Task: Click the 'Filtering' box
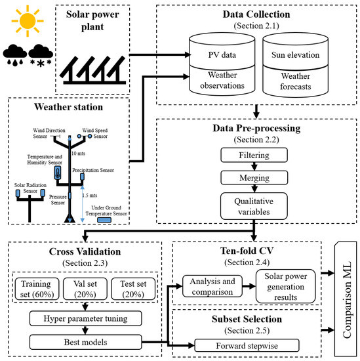[x=254, y=156]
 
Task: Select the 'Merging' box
[x=254, y=179]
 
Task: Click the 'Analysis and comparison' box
[x=209, y=287]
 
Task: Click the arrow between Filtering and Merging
[x=254, y=168]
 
